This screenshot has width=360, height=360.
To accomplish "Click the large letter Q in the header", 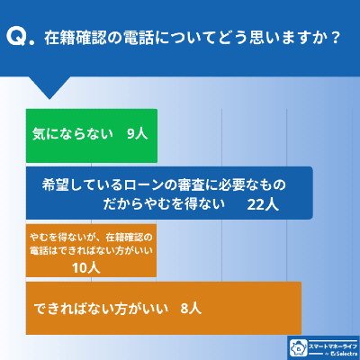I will tap(17, 38).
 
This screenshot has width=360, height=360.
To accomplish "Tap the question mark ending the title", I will tap(335, 39).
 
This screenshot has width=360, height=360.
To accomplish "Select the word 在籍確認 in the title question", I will tap(79, 39).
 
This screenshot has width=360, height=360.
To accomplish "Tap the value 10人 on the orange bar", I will tap(85, 268).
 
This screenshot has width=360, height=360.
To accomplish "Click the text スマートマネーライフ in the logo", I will tap(331, 343).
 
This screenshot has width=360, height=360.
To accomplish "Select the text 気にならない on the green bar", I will tap(71, 133).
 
